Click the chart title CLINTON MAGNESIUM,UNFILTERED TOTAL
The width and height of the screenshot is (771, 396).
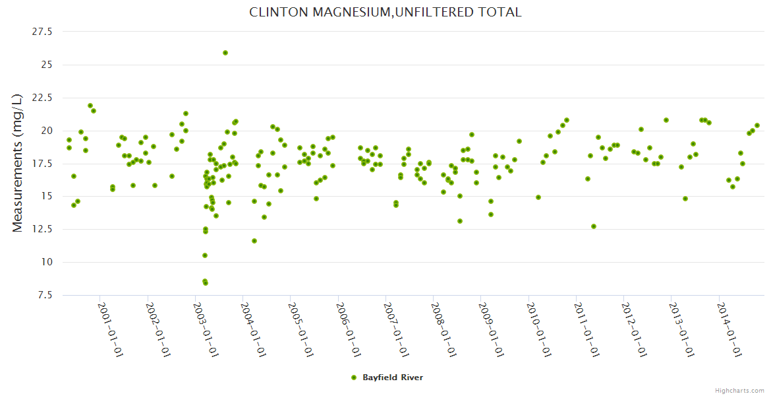coord(385,12)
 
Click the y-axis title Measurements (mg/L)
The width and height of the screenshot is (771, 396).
coord(18,162)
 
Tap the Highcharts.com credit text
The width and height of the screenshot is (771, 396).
coord(739,390)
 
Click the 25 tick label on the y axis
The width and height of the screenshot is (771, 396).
coord(47,65)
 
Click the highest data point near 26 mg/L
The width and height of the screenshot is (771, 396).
coord(225,53)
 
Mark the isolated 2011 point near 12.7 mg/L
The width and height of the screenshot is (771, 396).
coord(594,226)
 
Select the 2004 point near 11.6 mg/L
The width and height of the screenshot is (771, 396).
coord(254,241)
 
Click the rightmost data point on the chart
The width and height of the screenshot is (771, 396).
coord(757,125)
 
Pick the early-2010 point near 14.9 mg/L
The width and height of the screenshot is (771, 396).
coord(538,197)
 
